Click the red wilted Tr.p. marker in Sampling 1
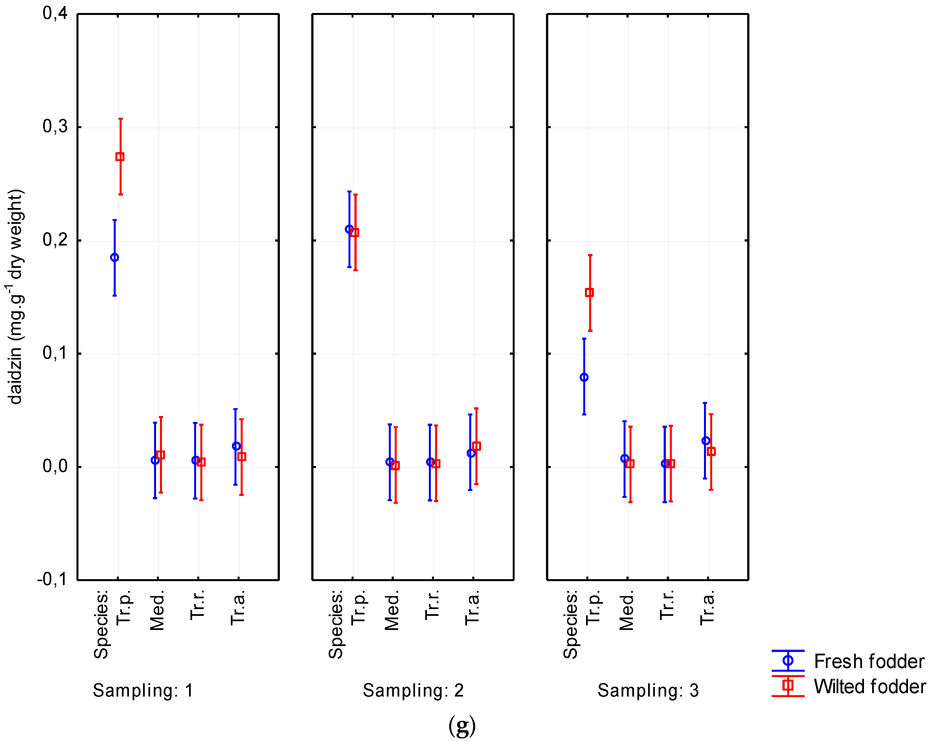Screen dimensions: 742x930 (120, 157)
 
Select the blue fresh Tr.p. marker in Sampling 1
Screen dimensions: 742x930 (114, 258)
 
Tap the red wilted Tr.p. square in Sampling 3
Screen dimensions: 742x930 (589, 292)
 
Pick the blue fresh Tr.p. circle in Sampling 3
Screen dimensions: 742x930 (584, 377)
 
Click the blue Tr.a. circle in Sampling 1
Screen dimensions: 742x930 (236, 446)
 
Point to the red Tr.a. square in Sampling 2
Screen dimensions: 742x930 (476, 446)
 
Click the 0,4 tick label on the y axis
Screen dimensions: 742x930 (55, 14)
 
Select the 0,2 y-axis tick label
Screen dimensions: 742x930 (55, 240)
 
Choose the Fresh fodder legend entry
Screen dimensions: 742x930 (869, 661)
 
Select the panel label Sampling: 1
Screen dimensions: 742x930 (143, 690)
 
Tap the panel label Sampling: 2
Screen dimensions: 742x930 (413, 690)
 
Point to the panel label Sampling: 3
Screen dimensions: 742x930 (648, 690)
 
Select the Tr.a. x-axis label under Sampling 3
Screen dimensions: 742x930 (707, 608)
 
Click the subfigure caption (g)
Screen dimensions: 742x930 (462, 726)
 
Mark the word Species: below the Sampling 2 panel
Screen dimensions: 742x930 (335, 624)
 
